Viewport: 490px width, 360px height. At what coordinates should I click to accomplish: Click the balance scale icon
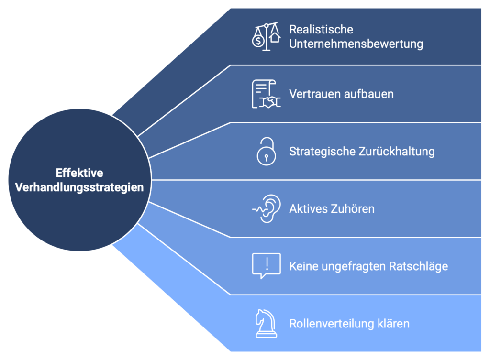click(x=266, y=36)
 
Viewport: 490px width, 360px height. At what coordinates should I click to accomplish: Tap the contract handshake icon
click(x=266, y=94)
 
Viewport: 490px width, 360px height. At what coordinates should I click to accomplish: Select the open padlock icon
click(x=266, y=151)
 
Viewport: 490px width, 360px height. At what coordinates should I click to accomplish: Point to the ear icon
click(x=266, y=208)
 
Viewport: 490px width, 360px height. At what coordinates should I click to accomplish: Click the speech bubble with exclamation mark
click(x=266, y=266)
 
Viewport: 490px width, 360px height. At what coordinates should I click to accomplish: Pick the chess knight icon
click(x=266, y=324)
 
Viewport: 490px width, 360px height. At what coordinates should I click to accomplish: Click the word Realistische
click(x=321, y=29)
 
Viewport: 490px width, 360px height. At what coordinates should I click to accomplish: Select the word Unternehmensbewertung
click(x=356, y=44)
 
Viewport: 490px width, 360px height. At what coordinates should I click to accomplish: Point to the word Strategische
click(x=322, y=152)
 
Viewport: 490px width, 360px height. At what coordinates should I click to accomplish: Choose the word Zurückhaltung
click(x=397, y=151)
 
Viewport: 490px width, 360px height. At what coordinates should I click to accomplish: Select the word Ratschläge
click(x=418, y=266)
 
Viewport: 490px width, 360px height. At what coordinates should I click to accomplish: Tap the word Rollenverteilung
click(x=332, y=324)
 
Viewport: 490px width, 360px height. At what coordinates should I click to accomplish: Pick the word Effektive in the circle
click(x=79, y=173)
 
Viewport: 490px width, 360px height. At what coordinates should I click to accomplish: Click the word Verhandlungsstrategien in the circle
click(x=79, y=187)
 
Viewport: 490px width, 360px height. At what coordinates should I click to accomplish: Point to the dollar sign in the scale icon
click(x=258, y=41)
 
